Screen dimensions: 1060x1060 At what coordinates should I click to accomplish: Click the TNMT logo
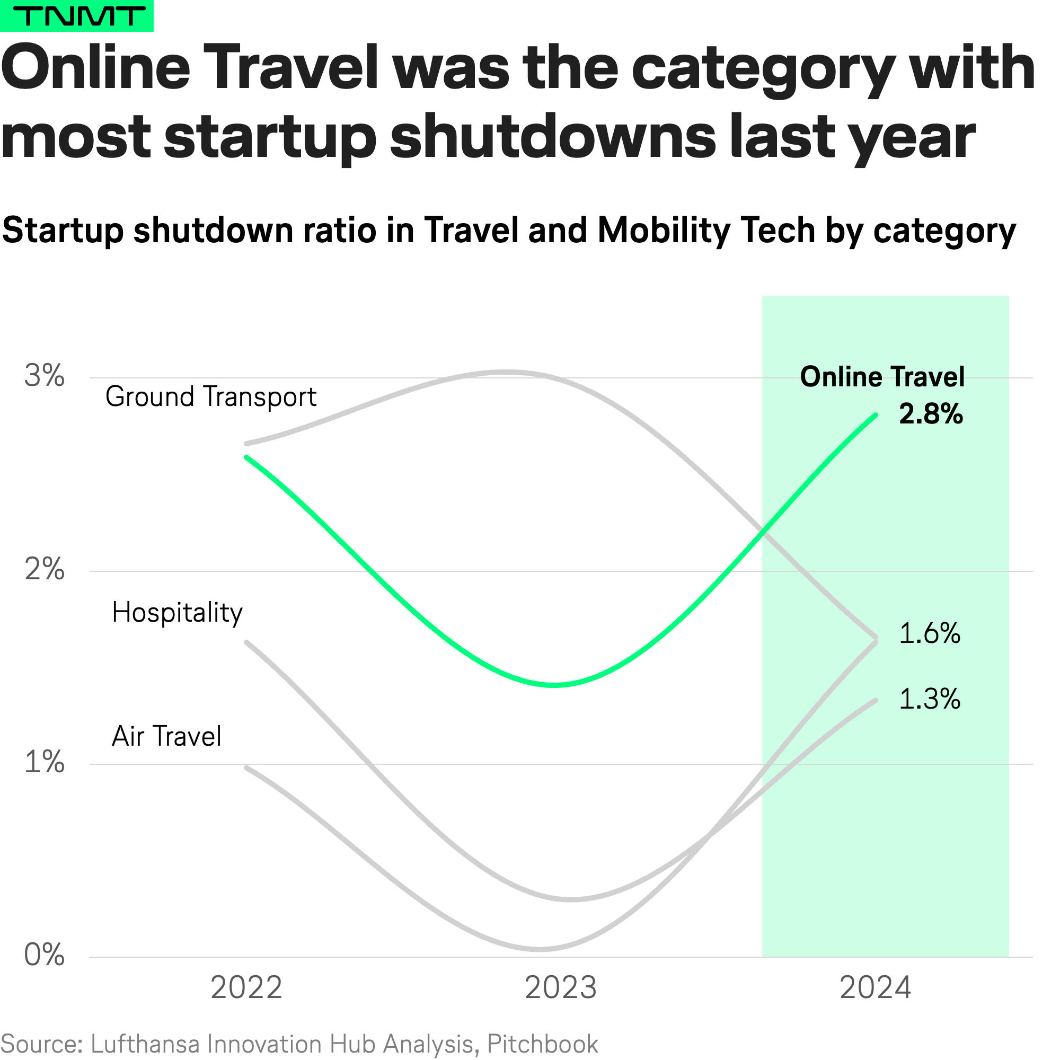(x=76, y=16)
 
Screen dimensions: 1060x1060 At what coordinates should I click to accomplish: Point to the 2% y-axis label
(x=45, y=570)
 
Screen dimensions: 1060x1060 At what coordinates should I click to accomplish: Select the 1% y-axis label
(x=45, y=763)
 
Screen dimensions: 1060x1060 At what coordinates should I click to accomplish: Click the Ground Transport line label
(x=211, y=397)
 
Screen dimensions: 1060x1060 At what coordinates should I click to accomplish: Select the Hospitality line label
(x=176, y=613)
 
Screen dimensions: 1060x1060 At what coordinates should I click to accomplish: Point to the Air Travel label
(x=166, y=737)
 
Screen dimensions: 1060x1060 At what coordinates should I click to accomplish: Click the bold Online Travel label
(x=882, y=377)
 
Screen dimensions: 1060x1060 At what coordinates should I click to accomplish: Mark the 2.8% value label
(x=931, y=414)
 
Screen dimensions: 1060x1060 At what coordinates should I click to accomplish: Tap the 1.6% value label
(x=930, y=634)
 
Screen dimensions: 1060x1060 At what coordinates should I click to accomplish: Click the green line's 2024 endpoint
(x=876, y=416)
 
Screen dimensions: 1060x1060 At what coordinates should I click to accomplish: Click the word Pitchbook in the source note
(x=542, y=1044)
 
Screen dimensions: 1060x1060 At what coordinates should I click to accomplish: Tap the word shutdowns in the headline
(x=553, y=137)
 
